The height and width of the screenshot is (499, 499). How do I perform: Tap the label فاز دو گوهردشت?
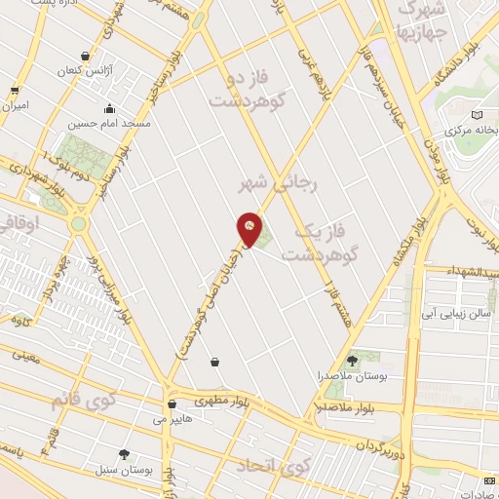tap(239, 88)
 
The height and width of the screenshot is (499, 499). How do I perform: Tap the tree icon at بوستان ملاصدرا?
tap(351, 361)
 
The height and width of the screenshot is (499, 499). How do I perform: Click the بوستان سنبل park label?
tap(124, 470)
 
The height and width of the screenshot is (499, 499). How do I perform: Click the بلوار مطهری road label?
tap(217, 401)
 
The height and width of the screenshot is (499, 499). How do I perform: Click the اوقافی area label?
tap(21, 221)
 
